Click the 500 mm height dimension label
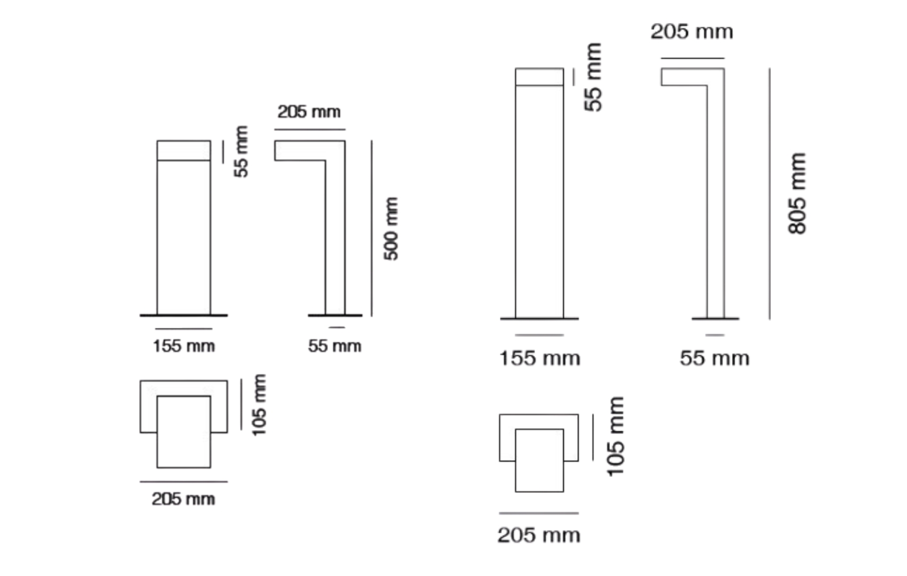point(391,229)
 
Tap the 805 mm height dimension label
point(797,193)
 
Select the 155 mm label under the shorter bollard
point(184,346)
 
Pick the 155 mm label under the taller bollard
point(540,358)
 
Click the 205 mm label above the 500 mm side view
point(309,111)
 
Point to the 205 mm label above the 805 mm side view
point(692,31)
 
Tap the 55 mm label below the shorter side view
point(335,346)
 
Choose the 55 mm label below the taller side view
point(715,358)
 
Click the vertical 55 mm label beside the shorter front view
point(241,151)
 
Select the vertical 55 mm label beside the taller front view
point(593,77)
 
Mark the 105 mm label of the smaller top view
point(259,405)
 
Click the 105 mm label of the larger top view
point(616,436)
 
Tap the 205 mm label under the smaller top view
point(184,499)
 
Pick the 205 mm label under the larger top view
point(539,535)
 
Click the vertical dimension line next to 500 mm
point(372,228)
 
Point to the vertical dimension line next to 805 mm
point(770,194)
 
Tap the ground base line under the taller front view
point(539,319)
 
